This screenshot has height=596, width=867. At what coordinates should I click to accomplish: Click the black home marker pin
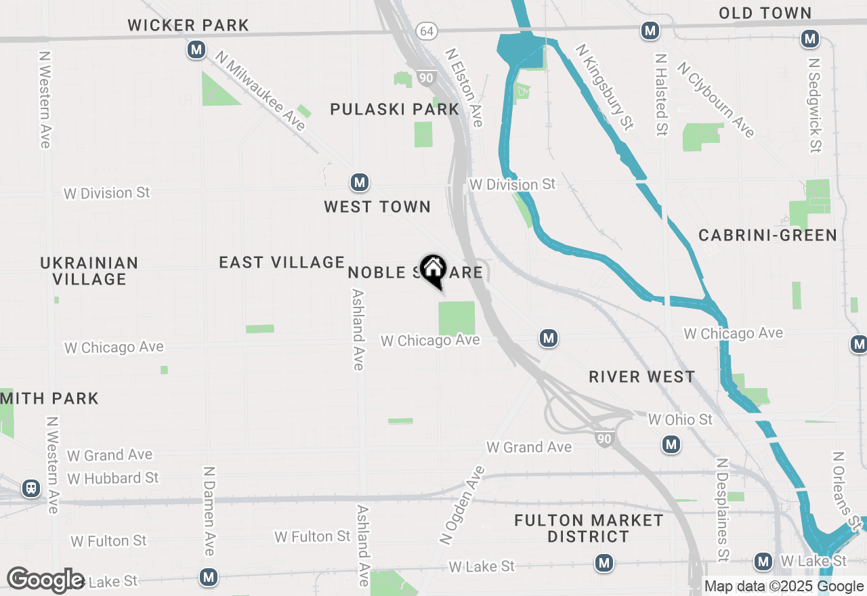tap(433, 270)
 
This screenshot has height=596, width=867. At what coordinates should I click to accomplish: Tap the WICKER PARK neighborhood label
tap(188, 26)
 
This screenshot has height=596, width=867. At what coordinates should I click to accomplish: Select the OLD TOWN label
tap(765, 13)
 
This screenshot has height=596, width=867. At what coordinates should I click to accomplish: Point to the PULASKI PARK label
tap(395, 109)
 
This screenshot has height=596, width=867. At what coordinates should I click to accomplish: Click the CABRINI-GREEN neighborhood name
tap(767, 235)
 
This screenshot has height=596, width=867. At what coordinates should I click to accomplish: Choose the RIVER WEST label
tap(641, 377)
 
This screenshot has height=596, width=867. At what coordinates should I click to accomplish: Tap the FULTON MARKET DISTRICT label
tap(589, 528)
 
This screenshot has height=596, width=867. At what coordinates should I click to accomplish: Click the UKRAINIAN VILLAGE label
tap(89, 271)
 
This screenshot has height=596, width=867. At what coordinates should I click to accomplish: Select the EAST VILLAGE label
tap(282, 262)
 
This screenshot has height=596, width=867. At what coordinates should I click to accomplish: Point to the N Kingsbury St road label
tap(604, 87)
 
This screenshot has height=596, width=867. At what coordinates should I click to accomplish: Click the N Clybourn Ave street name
tap(715, 100)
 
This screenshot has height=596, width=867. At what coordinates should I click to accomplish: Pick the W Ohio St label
tap(680, 420)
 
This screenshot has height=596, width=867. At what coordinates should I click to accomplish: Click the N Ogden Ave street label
tap(462, 505)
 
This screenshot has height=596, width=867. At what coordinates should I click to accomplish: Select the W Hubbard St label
tap(113, 478)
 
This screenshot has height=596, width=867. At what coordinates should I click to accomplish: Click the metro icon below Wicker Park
tap(196, 49)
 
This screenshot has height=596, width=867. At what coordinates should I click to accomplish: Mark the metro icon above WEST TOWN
tap(359, 182)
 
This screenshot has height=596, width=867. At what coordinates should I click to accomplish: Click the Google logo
tap(45, 580)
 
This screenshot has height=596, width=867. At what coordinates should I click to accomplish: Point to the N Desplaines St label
tap(722, 510)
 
